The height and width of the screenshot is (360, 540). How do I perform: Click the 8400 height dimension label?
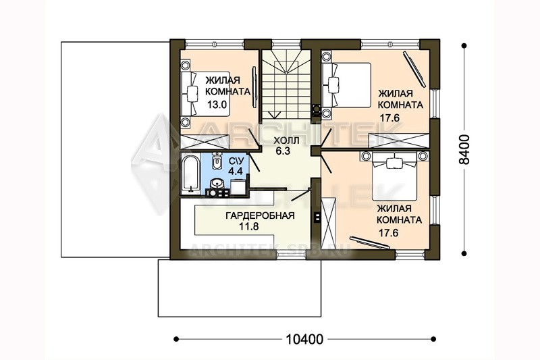[x=464, y=149]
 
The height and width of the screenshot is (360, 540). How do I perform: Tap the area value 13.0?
[x=217, y=105]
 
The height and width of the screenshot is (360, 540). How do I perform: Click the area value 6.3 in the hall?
[x=283, y=151]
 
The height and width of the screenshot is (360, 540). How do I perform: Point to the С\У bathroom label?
[x=237, y=161]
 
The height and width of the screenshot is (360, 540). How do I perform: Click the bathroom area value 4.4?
[x=236, y=171]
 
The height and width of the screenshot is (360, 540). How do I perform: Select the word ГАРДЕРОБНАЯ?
[x=260, y=215]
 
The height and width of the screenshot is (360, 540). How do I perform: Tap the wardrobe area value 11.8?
[x=248, y=227]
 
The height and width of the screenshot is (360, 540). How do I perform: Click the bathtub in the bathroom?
[x=190, y=174]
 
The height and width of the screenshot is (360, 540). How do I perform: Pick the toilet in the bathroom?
[x=217, y=161]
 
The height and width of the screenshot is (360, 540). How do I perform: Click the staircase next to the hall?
[x=286, y=86]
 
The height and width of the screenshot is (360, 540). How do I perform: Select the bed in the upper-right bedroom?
[x=346, y=85]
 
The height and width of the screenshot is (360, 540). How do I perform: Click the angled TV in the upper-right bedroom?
[x=414, y=69]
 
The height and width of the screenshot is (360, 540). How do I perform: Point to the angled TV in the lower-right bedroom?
[x=370, y=242]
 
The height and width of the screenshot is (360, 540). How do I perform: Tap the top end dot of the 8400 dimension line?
[x=464, y=45]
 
